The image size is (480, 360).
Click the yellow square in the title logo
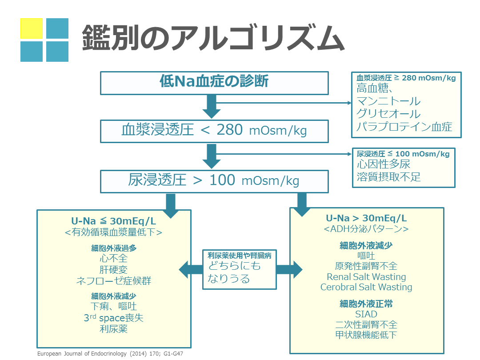coord(32,29)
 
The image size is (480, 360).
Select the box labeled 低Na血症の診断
coord(214,83)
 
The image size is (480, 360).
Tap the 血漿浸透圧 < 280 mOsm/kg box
coord(214,131)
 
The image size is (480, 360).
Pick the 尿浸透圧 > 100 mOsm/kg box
coord(214,181)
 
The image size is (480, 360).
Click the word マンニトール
coord(388,102)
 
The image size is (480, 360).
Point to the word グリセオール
coord(388,114)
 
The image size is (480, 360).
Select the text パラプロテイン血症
coord(404,127)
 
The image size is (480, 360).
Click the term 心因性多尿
coord(383,164)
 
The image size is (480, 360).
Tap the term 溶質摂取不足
coord(388,177)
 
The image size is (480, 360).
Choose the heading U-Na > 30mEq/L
coord(366,218)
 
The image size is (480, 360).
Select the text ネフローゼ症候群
coord(113,281)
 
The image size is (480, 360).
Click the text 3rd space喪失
coord(113,318)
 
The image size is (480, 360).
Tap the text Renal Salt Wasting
coord(366,276)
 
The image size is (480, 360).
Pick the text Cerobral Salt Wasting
coord(366,287)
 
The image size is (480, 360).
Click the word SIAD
coord(366,314)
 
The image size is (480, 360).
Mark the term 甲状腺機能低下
coord(366,335)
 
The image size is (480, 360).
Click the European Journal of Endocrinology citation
coord(110,354)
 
